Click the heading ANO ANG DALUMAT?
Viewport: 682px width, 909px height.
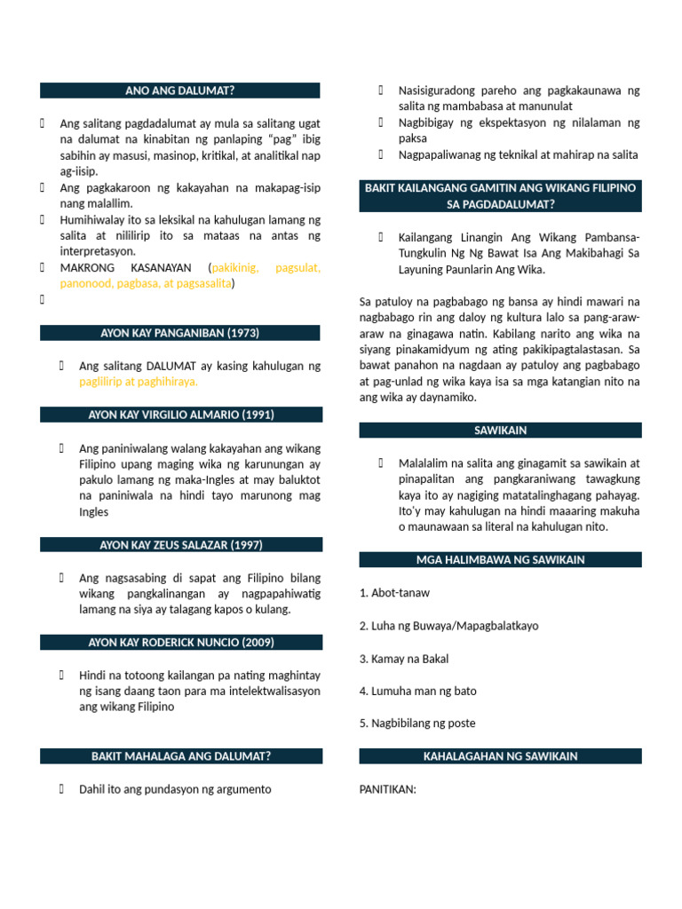click(179, 91)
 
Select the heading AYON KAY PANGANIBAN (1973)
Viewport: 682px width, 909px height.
click(179, 333)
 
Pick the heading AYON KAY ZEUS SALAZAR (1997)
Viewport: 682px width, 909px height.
click(181, 544)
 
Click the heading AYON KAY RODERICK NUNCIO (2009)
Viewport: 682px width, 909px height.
click(181, 642)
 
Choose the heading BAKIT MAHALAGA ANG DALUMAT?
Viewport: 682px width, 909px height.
click(181, 756)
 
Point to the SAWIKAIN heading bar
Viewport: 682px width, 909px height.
click(500, 430)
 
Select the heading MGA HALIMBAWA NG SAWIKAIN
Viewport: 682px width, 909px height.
click(500, 559)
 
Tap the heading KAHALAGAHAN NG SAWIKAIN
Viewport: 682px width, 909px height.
click(500, 756)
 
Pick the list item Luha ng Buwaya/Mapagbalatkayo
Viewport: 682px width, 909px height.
click(448, 626)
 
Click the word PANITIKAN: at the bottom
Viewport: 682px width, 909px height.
click(388, 789)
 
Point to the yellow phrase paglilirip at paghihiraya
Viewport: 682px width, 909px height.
click(139, 382)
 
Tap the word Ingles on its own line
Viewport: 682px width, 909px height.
click(94, 512)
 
